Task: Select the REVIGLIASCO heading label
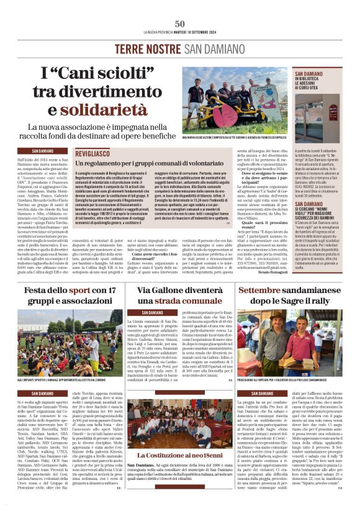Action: coord(94,151)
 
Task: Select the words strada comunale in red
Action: coord(180,301)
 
